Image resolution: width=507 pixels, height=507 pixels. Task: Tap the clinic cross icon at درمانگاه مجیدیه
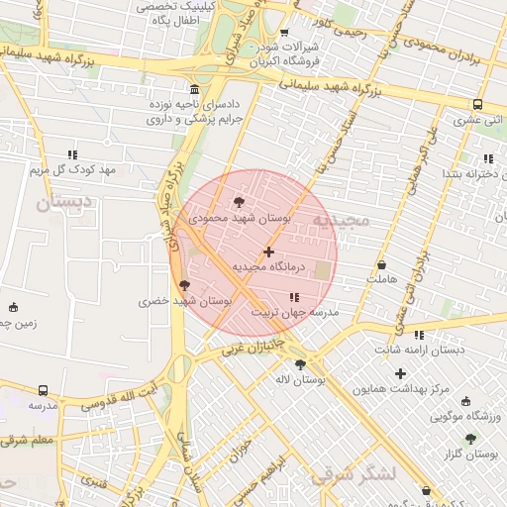(268, 253)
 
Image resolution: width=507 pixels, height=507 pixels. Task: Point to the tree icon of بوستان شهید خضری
(184, 285)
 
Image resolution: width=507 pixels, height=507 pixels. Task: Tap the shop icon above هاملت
(382, 265)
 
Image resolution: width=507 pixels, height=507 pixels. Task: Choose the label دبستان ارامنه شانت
(419, 351)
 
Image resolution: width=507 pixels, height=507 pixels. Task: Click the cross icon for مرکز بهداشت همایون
(400, 373)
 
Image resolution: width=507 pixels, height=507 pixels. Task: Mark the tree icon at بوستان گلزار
(470, 438)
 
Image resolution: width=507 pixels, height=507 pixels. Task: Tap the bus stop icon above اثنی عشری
(477, 105)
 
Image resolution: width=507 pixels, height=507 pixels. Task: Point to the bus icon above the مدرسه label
(43, 391)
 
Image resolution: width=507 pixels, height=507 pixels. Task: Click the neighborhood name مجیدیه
(340, 220)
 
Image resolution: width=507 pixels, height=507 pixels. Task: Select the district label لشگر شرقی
(354, 475)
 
